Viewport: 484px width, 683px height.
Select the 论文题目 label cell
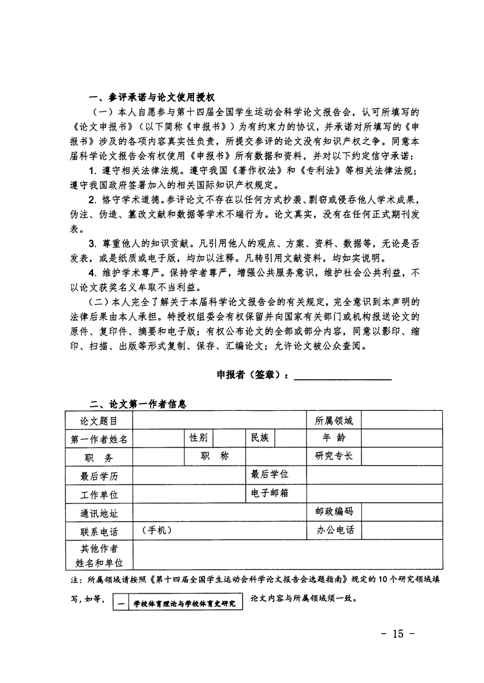[99, 421]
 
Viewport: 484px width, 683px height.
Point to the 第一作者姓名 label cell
[99, 439]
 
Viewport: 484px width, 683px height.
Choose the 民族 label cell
[260, 438]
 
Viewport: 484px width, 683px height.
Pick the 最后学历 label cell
[99, 476]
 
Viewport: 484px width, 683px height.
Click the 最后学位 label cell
[270, 474]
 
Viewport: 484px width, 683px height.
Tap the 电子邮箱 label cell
[270, 492]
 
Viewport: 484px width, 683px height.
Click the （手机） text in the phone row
[156, 530]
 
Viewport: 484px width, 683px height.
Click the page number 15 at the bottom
[398, 634]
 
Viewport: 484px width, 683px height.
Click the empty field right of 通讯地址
[219, 512]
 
